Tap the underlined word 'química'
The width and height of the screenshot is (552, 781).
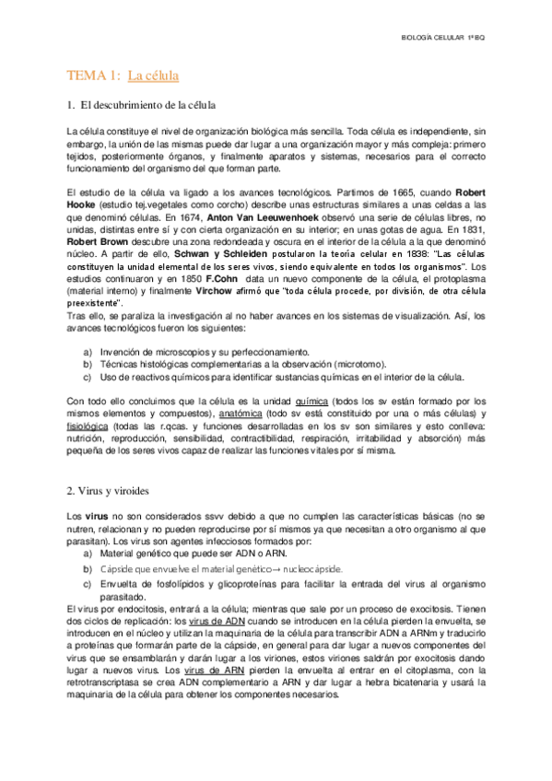pos(311,402)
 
